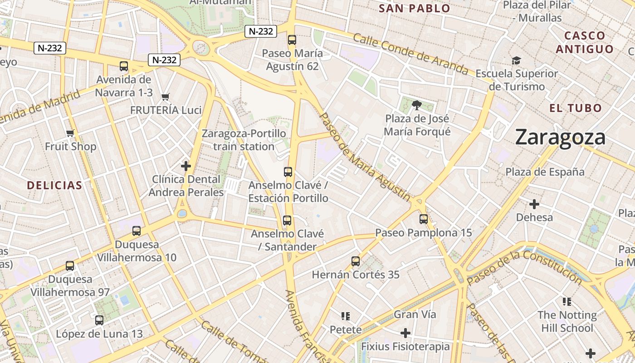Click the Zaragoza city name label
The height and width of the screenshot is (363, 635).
[560, 137]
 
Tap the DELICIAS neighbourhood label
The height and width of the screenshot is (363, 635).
[54, 185]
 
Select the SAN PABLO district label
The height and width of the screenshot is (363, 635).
[414, 8]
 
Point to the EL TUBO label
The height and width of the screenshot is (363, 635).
[576, 108]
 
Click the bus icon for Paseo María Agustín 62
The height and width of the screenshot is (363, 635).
[292, 40]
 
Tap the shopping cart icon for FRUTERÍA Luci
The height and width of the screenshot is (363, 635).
[166, 97]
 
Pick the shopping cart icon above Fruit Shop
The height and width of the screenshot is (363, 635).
[70, 133]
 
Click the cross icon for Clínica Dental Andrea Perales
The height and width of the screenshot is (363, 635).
[186, 166]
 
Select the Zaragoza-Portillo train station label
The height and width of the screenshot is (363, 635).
[244, 140]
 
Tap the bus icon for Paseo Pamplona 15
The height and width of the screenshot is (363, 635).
[424, 219]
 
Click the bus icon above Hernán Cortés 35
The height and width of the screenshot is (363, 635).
[356, 261]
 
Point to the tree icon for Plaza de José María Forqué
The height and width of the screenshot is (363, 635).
[417, 106]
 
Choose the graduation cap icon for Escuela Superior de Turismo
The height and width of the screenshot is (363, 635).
[516, 60]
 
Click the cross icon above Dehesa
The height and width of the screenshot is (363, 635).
[534, 204]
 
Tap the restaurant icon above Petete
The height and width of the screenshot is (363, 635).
[346, 316]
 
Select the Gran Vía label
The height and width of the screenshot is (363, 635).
[415, 314]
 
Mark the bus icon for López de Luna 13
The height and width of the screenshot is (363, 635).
[99, 320]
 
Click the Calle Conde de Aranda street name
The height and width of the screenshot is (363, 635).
[410, 54]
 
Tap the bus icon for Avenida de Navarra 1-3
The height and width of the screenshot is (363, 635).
[124, 66]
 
